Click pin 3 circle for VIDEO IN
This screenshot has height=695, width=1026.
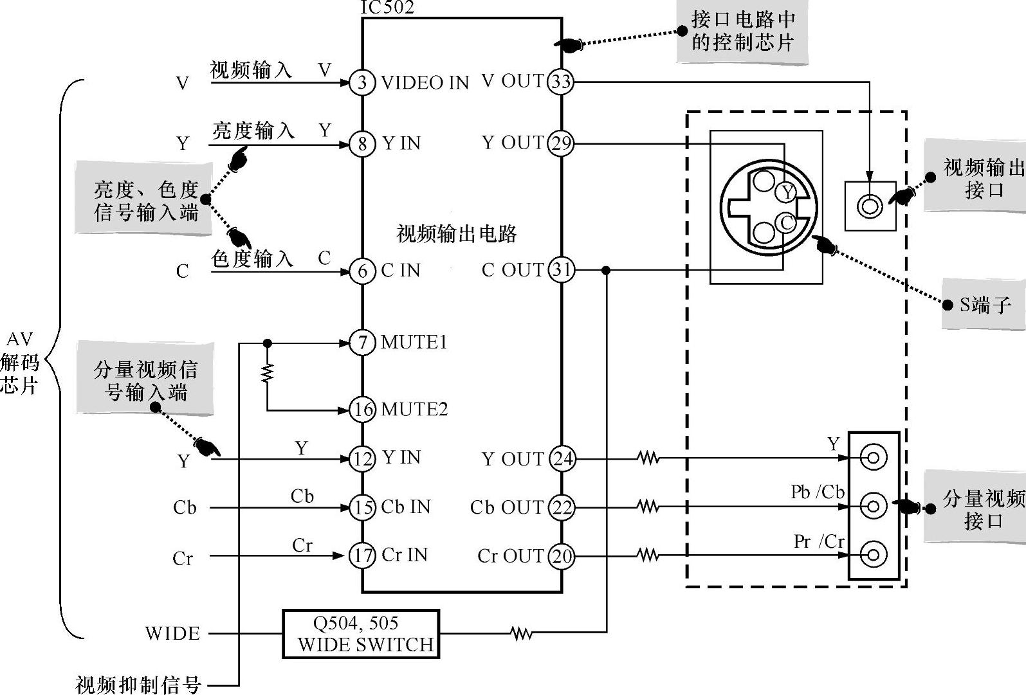[x=362, y=82]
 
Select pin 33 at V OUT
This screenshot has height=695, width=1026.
[x=560, y=82]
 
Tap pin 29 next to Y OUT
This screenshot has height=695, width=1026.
[x=560, y=143]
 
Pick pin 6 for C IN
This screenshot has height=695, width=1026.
[x=362, y=271]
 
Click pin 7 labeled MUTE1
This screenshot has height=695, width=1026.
[x=362, y=343]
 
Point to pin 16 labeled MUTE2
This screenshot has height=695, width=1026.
[x=362, y=410]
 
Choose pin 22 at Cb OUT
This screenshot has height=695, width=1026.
[x=562, y=507]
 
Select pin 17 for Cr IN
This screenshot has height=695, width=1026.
[x=362, y=555]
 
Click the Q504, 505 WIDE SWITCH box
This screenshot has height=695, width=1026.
[x=361, y=634]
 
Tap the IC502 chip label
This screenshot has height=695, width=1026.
[x=387, y=8]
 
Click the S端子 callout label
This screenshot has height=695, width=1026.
[x=985, y=305]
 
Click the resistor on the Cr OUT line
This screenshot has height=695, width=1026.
[x=648, y=555]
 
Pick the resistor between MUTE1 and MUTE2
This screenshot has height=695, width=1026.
[x=267, y=374]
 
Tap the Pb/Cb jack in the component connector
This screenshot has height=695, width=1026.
[x=873, y=506]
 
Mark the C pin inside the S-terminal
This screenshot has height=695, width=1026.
[x=786, y=222]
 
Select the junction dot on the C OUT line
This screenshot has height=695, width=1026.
[x=606, y=271]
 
